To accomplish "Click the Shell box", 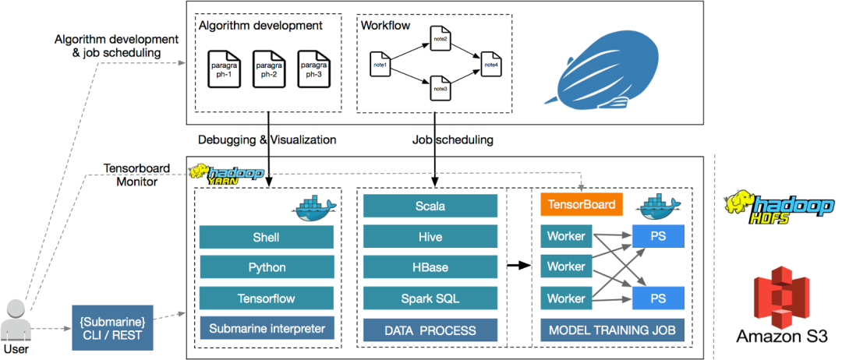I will tap(267, 237).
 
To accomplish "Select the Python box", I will tap(267, 267).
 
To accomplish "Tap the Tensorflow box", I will tap(267, 298).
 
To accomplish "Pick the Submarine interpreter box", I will tap(267, 328).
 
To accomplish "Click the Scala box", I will tap(430, 206).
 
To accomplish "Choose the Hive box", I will tap(430, 237).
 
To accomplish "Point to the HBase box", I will tap(430, 267).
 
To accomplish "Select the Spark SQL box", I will tap(430, 298).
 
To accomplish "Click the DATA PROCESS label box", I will tap(430, 330).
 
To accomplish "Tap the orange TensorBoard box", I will tap(582, 205).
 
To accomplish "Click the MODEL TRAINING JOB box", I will tap(612, 330).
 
